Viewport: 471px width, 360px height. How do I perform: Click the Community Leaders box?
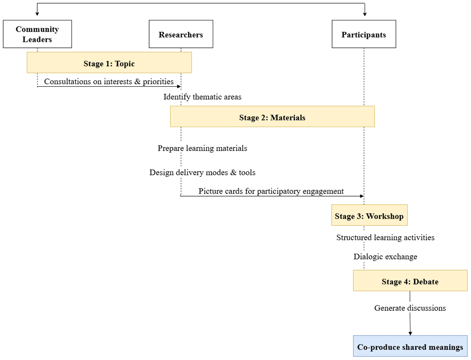click(x=37, y=34)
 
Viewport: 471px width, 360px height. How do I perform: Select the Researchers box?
click(x=181, y=34)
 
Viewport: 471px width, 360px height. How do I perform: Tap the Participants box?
click(x=364, y=34)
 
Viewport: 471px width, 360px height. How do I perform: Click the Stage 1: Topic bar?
click(x=109, y=62)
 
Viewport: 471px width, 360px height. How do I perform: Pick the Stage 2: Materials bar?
click(x=272, y=116)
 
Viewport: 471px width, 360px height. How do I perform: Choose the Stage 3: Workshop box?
click(x=369, y=215)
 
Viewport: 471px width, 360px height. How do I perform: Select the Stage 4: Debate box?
click(x=410, y=280)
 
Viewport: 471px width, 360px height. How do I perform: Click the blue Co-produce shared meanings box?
click(x=410, y=346)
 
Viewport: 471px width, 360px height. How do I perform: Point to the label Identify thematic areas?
click(x=203, y=97)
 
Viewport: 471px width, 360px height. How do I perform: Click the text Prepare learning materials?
click(x=203, y=148)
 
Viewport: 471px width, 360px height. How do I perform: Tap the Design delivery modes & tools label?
click(x=203, y=173)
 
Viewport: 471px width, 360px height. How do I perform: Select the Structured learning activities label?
click(x=385, y=238)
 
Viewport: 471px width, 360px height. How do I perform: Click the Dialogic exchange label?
click(x=385, y=256)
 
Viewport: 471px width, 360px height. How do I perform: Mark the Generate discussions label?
click(x=410, y=308)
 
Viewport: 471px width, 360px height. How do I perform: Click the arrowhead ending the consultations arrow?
click(x=179, y=86)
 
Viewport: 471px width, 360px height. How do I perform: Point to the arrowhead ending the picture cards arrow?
click(x=362, y=196)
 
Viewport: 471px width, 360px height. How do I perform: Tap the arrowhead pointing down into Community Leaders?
click(x=37, y=14)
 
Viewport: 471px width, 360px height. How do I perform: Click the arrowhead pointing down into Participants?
click(x=365, y=14)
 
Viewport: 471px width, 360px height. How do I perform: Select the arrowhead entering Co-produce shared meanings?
click(x=410, y=333)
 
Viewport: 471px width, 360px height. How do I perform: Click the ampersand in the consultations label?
click(x=137, y=82)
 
